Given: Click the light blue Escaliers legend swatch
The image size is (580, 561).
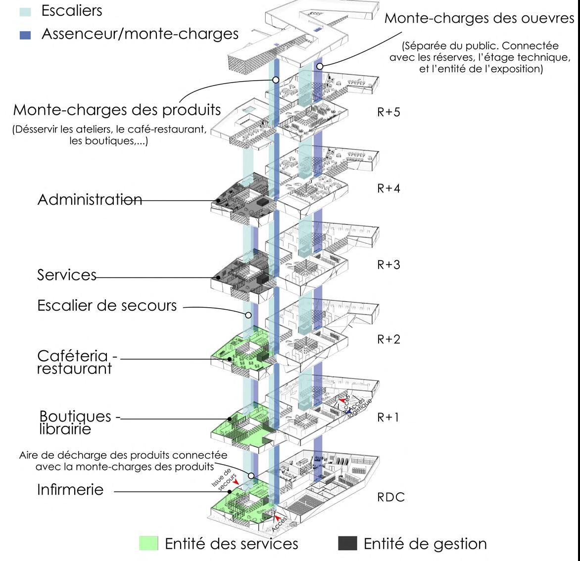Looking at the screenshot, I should [27, 11].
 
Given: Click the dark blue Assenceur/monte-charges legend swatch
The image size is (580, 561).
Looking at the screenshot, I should [27, 35].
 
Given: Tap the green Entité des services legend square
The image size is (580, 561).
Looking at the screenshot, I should [148, 543].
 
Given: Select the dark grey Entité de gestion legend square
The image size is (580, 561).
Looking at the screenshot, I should [347, 543].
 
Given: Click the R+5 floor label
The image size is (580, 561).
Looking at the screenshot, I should [388, 112].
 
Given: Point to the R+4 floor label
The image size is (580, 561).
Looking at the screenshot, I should [388, 188].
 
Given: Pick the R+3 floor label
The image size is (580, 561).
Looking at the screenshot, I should [388, 265].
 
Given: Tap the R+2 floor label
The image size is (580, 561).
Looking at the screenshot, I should [388, 339].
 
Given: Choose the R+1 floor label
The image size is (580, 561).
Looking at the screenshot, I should [388, 418].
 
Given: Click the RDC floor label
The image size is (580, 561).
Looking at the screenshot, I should [391, 497].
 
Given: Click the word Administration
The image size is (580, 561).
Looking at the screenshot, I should [89, 200].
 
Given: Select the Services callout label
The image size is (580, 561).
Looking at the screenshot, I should [66, 275].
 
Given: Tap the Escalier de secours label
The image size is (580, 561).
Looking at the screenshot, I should [107, 306].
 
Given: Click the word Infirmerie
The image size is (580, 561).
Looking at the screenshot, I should [70, 490].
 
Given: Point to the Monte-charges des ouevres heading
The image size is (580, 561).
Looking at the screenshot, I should [479, 18].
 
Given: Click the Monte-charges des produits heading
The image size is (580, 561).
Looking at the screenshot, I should [117, 110].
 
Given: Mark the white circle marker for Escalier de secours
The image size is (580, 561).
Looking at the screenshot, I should [248, 315].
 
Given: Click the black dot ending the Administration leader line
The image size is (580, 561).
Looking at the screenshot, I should [218, 200].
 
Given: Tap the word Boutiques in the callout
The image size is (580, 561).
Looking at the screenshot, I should [75, 416].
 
